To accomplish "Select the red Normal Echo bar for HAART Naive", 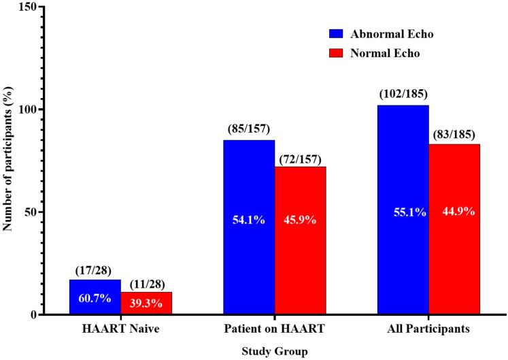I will click(146, 303).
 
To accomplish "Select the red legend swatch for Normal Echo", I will click(338, 54).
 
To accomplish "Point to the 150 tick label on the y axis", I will click(29, 6).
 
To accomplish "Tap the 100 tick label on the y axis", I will click(29, 109).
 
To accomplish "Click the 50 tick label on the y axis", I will click(31, 212).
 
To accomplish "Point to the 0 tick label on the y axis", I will click(34, 314).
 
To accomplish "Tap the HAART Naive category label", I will click(121, 329).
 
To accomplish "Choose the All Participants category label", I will click(429, 329).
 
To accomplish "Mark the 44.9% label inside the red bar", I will click(454, 211).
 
